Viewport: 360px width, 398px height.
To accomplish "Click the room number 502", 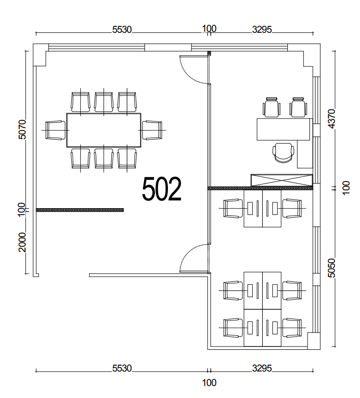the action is [x=162, y=189].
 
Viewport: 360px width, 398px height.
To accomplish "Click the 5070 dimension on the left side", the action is [x=22, y=129].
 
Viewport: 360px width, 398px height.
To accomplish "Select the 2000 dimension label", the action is [x=22, y=242].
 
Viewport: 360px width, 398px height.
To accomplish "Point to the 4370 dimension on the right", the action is [x=332, y=119].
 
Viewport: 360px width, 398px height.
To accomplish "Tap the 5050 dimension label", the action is [x=332, y=268].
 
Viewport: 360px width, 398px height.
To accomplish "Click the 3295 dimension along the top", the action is [x=262, y=30].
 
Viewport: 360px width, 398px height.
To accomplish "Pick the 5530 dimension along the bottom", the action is [x=122, y=368].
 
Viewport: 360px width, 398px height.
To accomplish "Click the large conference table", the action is [x=103, y=130].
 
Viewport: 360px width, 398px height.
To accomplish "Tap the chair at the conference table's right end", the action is [x=152, y=130].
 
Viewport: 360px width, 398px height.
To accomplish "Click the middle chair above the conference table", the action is [x=103, y=102].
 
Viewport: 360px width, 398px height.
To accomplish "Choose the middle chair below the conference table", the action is [x=103, y=159].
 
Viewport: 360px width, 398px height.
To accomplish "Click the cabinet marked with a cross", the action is [x=282, y=180].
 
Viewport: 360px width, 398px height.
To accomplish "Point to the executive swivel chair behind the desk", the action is [x=283, y=153].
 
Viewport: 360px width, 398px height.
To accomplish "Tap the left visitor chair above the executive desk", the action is [x=272, y=107].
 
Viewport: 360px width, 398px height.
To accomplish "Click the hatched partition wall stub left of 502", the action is [x=80, y=210].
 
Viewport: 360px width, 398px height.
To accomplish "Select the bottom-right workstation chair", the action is [x=292, y=328].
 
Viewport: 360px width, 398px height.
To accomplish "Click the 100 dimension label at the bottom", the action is [x=209, y=383].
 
